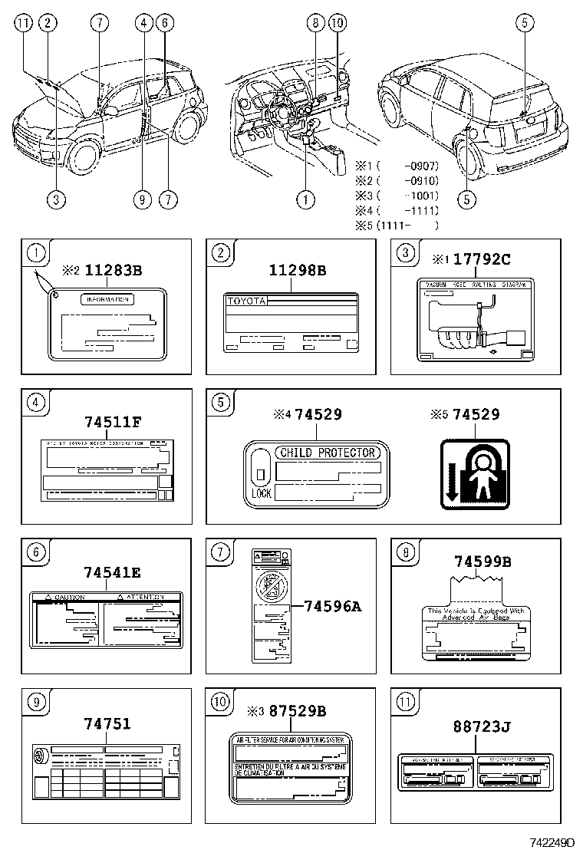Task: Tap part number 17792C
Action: click(x=481, y=259)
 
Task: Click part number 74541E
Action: click(x=112, y=571)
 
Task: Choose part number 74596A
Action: click(x=331, y=607)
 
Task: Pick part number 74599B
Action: click(x=482, y=562)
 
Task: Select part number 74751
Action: click(x=107, y=723)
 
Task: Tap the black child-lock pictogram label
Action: click(x=475, y=473)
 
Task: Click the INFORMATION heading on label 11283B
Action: click(x=107, y=300)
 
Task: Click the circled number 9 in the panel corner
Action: click(x=35, y=700)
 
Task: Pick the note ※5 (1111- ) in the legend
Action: click(x=397, y=225)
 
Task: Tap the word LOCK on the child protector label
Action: click(x=261, y=493)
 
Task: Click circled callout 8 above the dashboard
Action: click(x=315, y=23)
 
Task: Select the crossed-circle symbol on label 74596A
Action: click(x=268, y=588)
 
